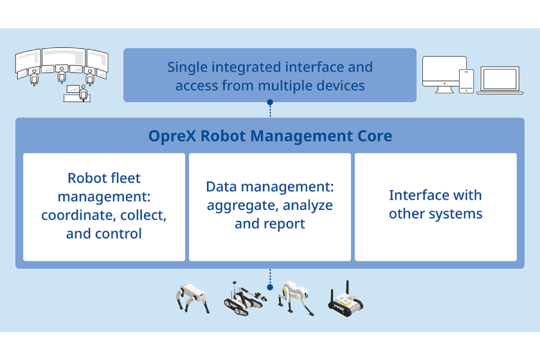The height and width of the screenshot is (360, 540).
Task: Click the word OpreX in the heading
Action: tap(172, 136)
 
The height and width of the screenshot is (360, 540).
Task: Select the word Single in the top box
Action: tap(187, 68)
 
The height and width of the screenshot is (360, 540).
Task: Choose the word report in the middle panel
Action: tap(284, 224)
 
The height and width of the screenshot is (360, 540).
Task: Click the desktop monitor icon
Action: tap(443, 74)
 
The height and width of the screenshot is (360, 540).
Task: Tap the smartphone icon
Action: tap(467, 81)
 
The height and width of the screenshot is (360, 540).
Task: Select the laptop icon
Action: tap(500, 80)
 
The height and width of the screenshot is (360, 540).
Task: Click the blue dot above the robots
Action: tap(270, 287)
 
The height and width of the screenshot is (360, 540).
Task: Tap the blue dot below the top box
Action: tap(270, 103)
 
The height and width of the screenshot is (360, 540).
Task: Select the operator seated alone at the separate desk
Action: tap(83, 92)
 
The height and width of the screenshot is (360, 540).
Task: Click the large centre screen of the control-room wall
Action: tap(64, 56)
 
